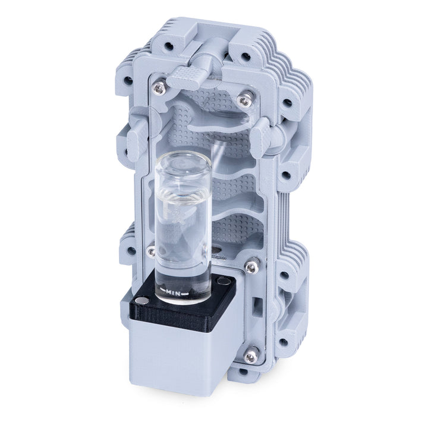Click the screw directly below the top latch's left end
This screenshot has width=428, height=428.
pos(158,89)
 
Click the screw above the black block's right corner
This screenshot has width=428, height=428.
pos(251,268)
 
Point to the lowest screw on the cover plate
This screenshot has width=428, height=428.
pos(251,356)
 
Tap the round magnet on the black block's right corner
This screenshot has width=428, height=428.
pos(222,281)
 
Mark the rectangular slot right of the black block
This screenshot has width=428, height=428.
pos(257,306)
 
